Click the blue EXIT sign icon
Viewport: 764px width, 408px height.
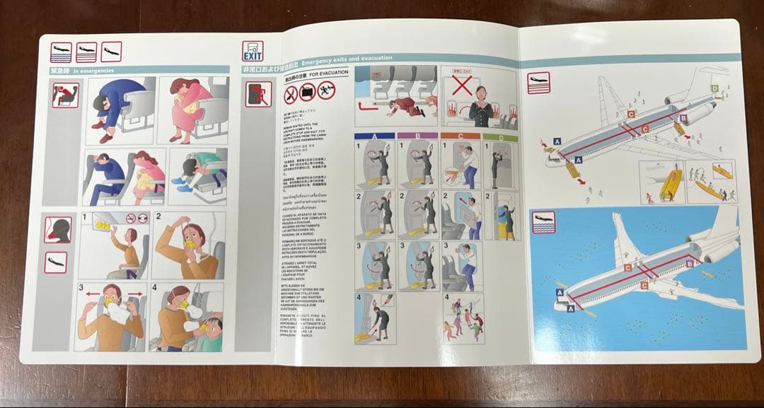click(x=253, y=52)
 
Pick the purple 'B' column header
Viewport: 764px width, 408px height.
click(x=418, y=136)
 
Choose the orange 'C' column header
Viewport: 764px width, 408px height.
click(x=460, y=136)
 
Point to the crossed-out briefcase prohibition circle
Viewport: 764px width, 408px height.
click(x=308, y=91)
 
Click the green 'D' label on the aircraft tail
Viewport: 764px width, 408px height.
click(x=715, y=88)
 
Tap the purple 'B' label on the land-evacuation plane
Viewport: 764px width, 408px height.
click(x=683, y=119)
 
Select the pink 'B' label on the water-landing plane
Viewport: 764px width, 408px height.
click(x=690, y=264)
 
